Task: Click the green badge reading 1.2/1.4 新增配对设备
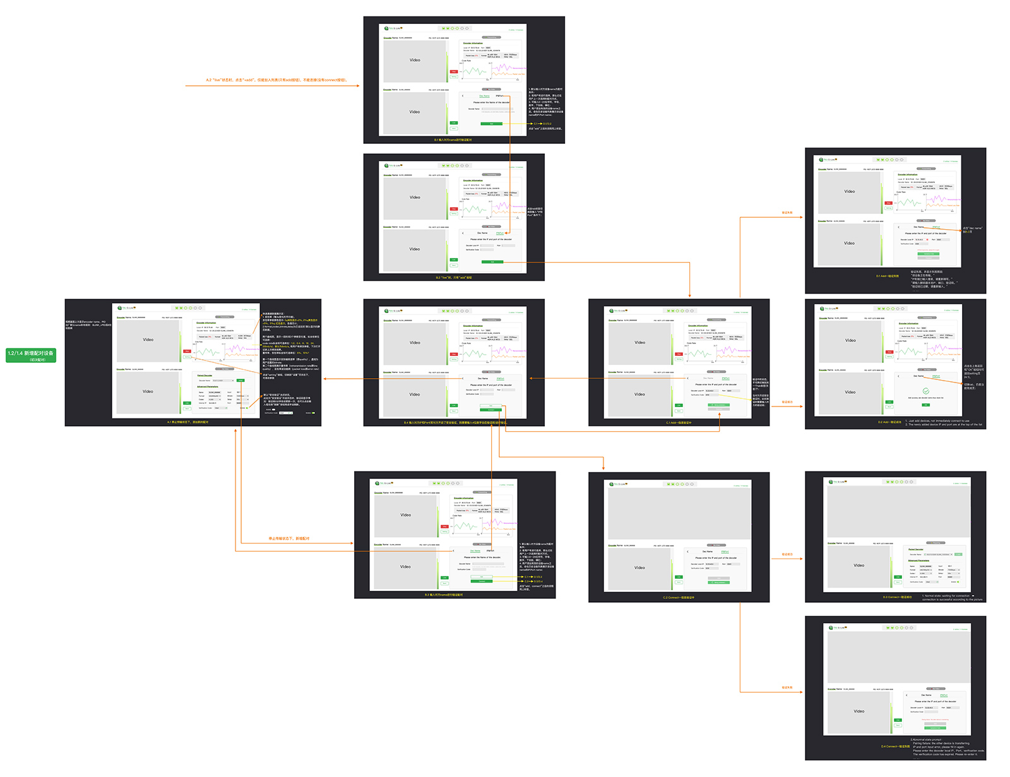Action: click(31, 355)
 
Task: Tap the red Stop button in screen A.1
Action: click(187, 351)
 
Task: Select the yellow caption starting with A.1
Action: click(187, 422)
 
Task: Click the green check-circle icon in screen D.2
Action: click(925, 391)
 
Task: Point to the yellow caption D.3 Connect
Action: click(897, 596)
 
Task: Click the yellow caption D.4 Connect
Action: click(895, 746)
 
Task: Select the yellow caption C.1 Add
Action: click(679, 422)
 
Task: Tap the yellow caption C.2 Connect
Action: click(678, 597)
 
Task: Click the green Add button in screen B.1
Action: click(492, 124)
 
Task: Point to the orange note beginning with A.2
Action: click(276, 80)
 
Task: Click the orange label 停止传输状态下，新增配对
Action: click(289, 538)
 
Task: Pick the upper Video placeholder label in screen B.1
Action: click(415, 60)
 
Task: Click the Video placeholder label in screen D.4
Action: click(859, 711)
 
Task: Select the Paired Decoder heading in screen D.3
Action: click(915, 549)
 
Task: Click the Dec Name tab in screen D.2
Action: click(918, 376)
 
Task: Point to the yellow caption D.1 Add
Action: click(887, 276)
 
